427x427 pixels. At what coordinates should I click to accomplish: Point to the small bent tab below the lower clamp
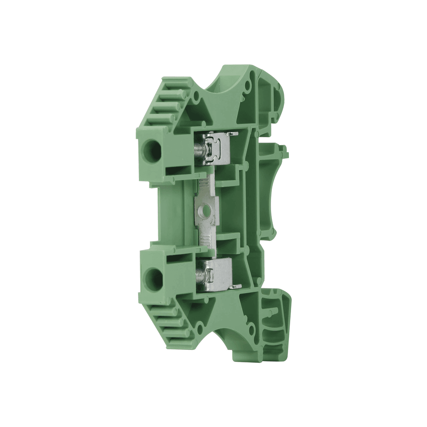(x=236, y=287)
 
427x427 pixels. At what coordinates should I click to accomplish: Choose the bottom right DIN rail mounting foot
(x=275, y=325)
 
